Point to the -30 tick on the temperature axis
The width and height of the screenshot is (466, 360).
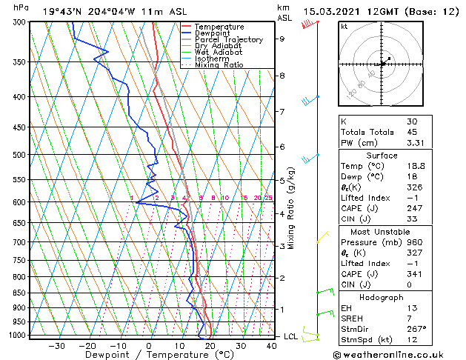click(56, 345)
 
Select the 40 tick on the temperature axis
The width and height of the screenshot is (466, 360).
click(270, 345)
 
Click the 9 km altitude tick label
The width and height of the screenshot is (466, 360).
click(282, 39)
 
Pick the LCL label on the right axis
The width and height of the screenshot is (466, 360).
click(290, 336)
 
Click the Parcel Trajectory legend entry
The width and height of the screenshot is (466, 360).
click(228, 39)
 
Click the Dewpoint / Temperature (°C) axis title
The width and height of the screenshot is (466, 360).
click(150, 355)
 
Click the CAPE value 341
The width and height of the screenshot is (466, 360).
click(415, 274)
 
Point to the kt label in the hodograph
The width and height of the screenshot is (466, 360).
click(344, 27)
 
